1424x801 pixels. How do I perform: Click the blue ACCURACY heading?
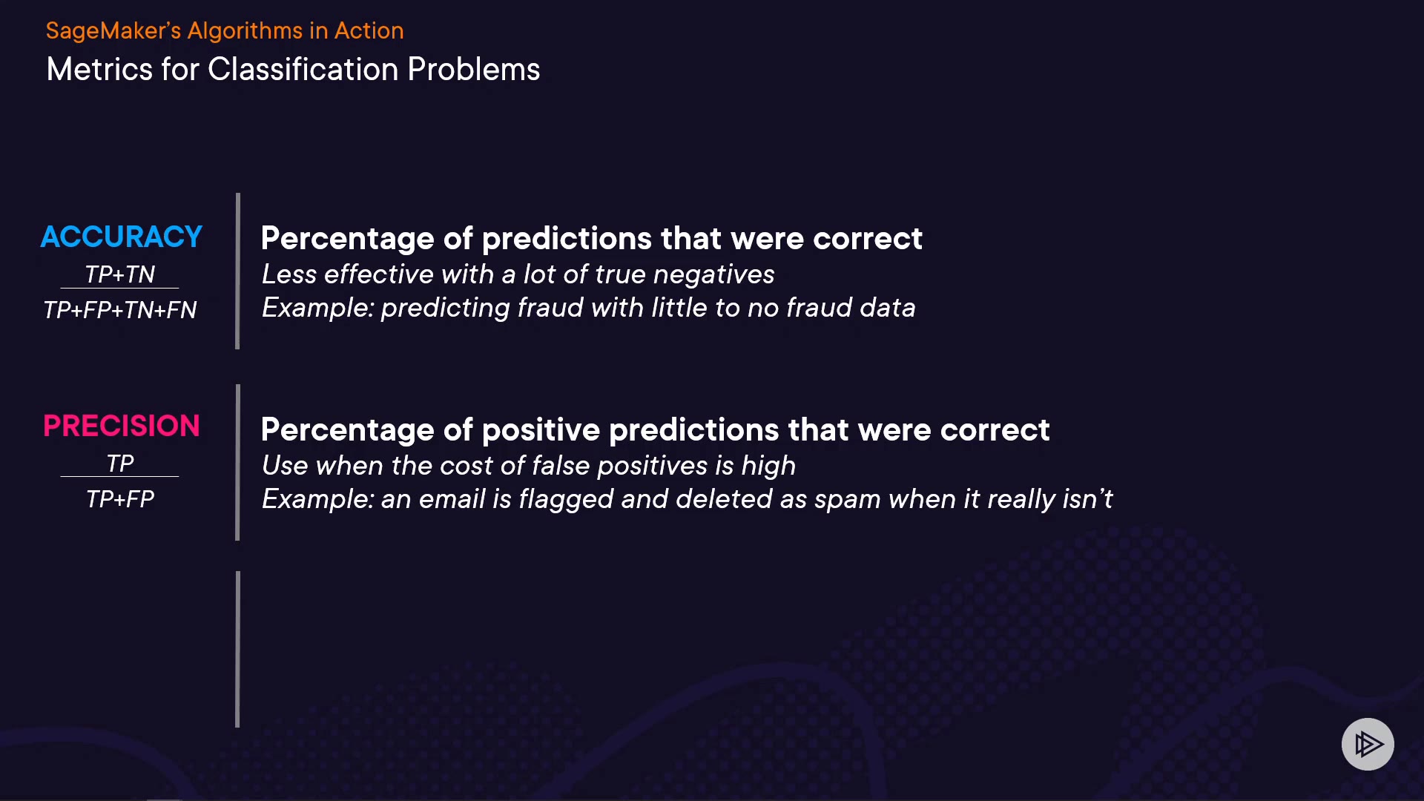coord(121,237)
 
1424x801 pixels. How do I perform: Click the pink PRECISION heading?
coord(122,426)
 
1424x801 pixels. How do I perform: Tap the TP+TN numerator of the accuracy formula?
coord(119,274)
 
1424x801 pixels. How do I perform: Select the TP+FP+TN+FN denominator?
coord(119,310)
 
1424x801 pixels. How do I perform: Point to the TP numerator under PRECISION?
coord(120,464)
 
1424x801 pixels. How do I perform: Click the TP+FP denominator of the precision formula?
coord(119,499)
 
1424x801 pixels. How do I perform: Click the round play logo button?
coord(1368,744)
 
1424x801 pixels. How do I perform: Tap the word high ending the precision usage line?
coord(768,467)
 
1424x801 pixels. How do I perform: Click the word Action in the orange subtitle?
coord(369,31)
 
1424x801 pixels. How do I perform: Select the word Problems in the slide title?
coord(474,70)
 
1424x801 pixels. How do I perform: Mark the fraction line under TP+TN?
coord(119,288)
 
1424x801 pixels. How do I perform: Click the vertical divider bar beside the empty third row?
coord(237,649)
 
